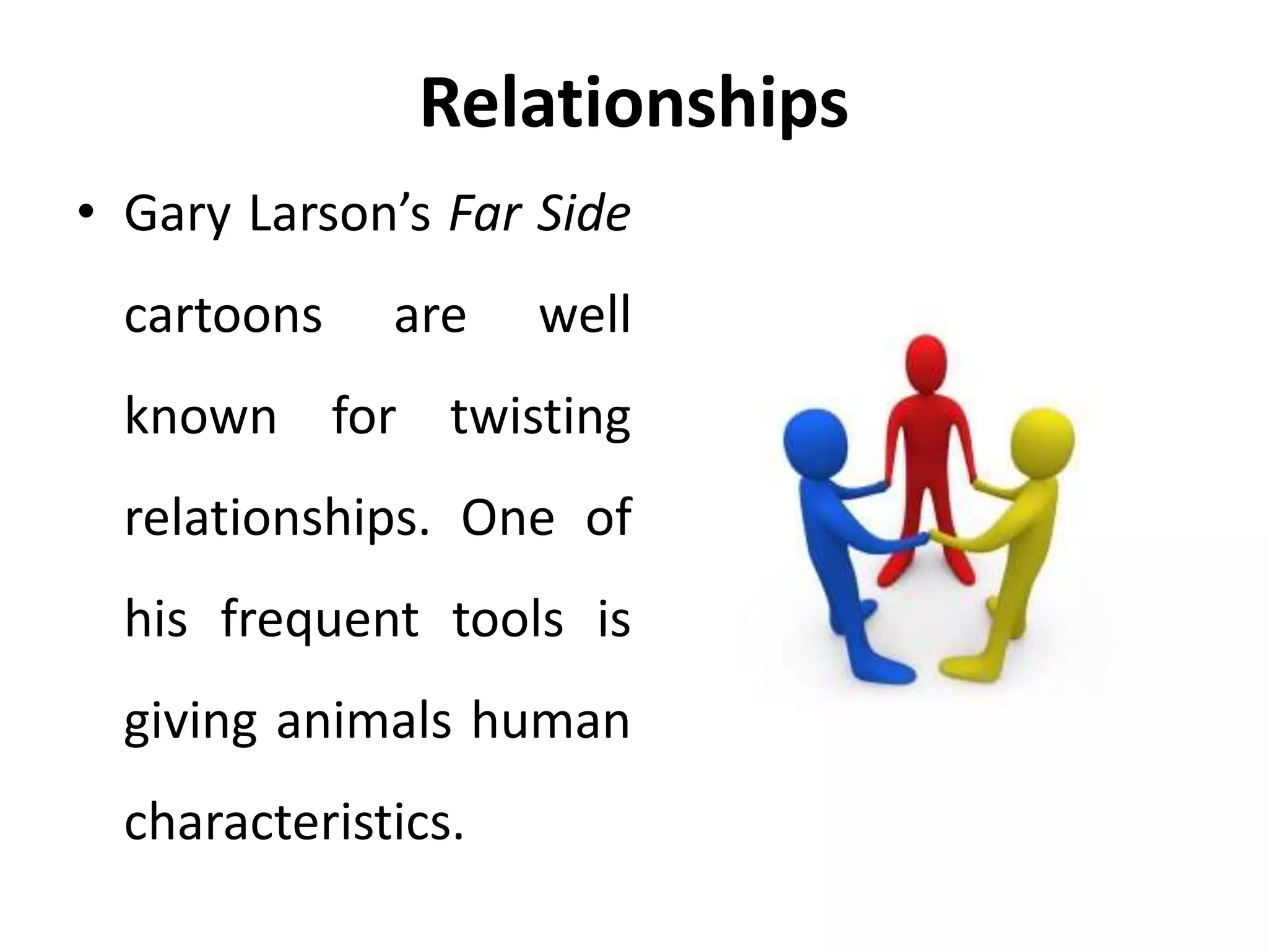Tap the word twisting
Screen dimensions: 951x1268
(540, 417)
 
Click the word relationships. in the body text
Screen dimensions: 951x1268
(276, 519)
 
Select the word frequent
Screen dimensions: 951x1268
(319, 620)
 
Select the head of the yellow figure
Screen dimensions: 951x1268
(1043, 440)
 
